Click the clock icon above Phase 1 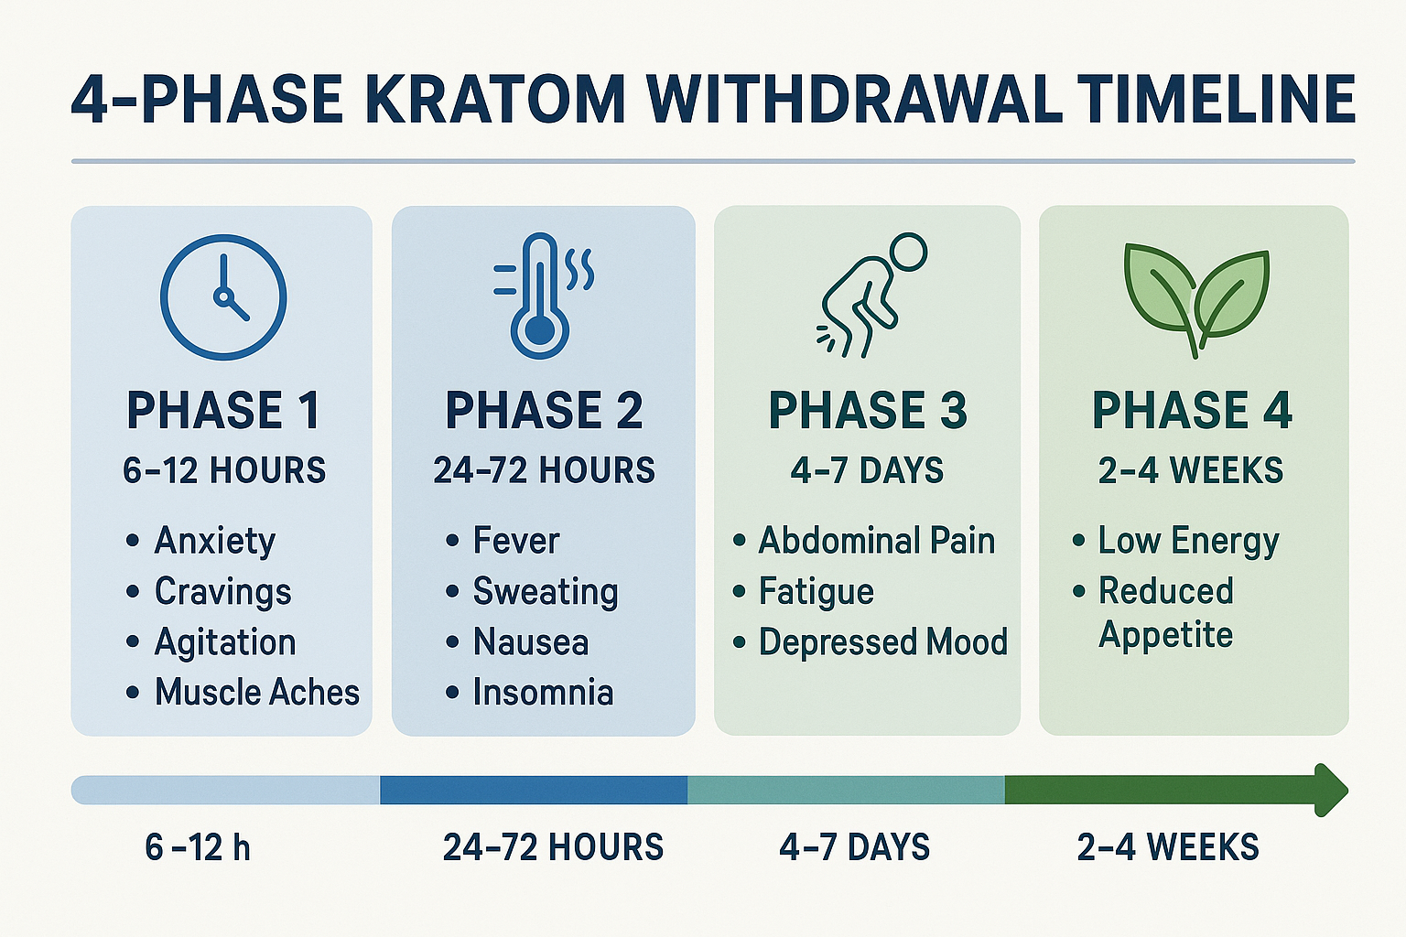[223, 297]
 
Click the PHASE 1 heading [223, 410]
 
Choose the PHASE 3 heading [868, 410]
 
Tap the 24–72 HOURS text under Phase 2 [544, 470]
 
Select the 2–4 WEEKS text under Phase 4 [1191, 470]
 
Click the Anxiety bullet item [214, 541]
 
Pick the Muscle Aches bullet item [256, 692]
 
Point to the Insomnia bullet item [542, 692]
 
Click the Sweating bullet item [545, 592]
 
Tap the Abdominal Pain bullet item [876, 541]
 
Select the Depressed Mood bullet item [882, 641]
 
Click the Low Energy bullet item [1188, 541]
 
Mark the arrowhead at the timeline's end [1330, 790]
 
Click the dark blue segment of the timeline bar [533, 790]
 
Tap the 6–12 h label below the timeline [198, 847]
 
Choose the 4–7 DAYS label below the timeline [854, 847]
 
